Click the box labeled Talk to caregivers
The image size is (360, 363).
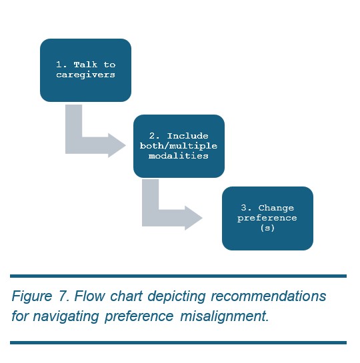point(85,70)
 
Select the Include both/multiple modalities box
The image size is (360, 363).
point(179,146)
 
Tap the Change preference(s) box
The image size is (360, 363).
point(267,218)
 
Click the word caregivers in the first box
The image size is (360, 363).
point(85,75)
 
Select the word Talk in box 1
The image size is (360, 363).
point(85,65)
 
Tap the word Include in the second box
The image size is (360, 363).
point(187,136)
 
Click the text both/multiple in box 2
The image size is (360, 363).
point(179,146)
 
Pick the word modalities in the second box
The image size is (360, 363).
point(179,156)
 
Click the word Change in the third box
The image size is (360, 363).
point(276,208)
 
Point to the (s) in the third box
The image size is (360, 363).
point(267,228)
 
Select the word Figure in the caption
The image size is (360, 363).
point(32,296)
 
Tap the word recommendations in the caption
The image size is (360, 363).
point(269,296)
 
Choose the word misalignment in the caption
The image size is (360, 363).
point(224,316)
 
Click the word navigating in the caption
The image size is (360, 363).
point(66,316)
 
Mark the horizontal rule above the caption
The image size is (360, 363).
point(179,276)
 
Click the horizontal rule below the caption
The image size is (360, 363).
point(179,342)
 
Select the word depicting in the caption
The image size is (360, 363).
point(177,296)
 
